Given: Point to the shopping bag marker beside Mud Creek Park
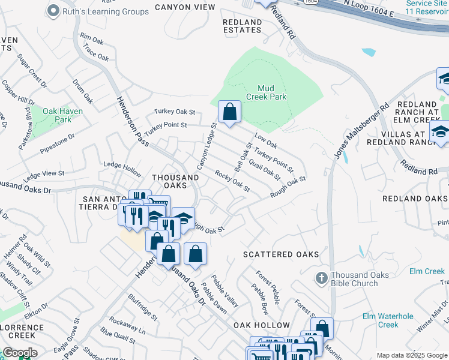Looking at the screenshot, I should pyautogui.click(x=229, y=112).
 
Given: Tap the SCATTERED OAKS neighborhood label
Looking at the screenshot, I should pyautogui.click(x=281, y=254).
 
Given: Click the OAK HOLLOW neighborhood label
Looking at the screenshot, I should pyautogui.click(x=262, y=325).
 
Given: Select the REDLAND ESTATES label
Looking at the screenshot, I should pyautogui.click(x=243, y=26).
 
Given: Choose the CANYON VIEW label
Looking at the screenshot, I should pyautogui.click(x=185, y=8).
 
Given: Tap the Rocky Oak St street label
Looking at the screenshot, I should pyautogui.click(x=232, y=181).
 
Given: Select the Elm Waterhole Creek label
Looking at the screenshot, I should pyautogui.click(x=388, y=320).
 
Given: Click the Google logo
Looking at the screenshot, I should pyautogui.click(x=19, y=353).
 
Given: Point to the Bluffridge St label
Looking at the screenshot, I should pyautogui.click(x=142, y=307).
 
